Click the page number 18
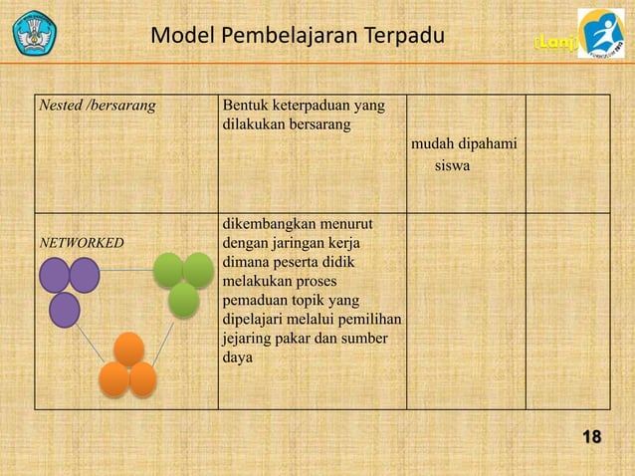pos(591,437)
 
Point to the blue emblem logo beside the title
pos(35,33)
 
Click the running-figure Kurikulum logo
pos(601,34)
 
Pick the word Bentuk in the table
pos(246,105)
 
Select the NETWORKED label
pos(81,242)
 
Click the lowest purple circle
pos(64,309)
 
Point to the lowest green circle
pos(183,299)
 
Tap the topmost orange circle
pos(128,349)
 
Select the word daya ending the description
pos(238,357)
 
